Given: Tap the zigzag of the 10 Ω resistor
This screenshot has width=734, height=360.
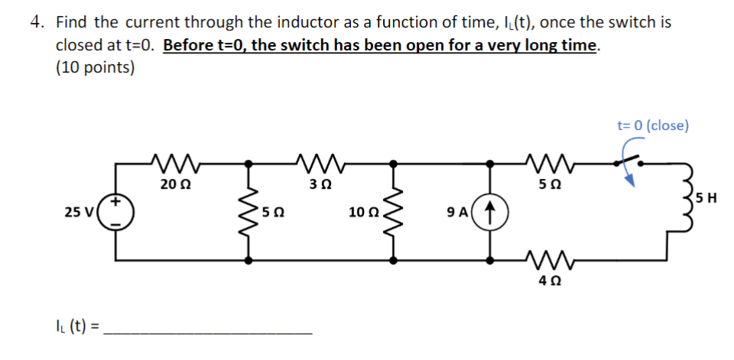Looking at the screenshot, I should click(394, 211).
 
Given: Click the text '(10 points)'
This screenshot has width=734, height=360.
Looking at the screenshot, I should click(96, 67).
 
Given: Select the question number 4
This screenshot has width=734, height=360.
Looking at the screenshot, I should click(36, 22).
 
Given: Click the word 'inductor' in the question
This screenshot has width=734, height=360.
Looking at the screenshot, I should click(289, 22).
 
